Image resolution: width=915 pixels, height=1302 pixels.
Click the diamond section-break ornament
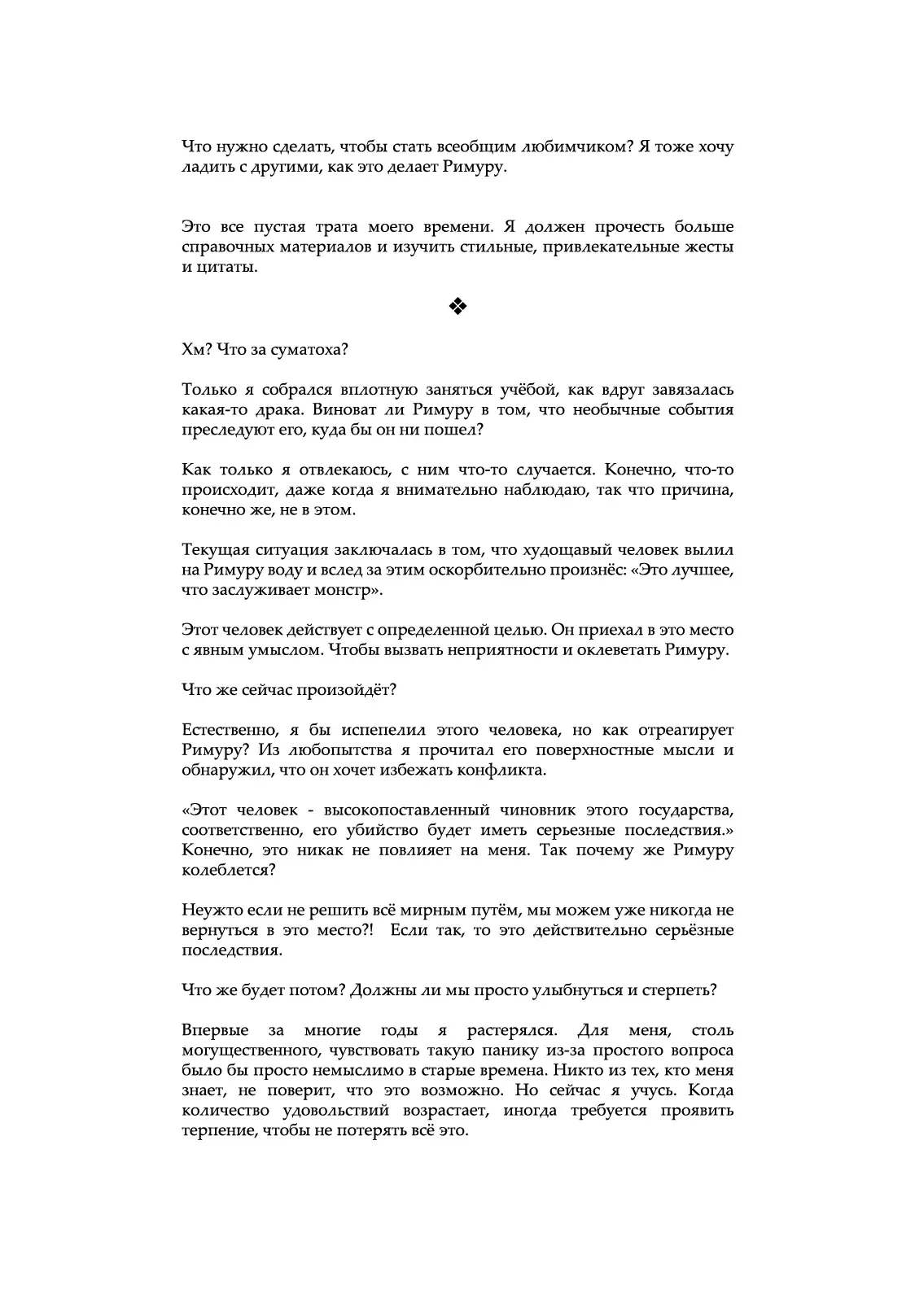pos(457,306)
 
